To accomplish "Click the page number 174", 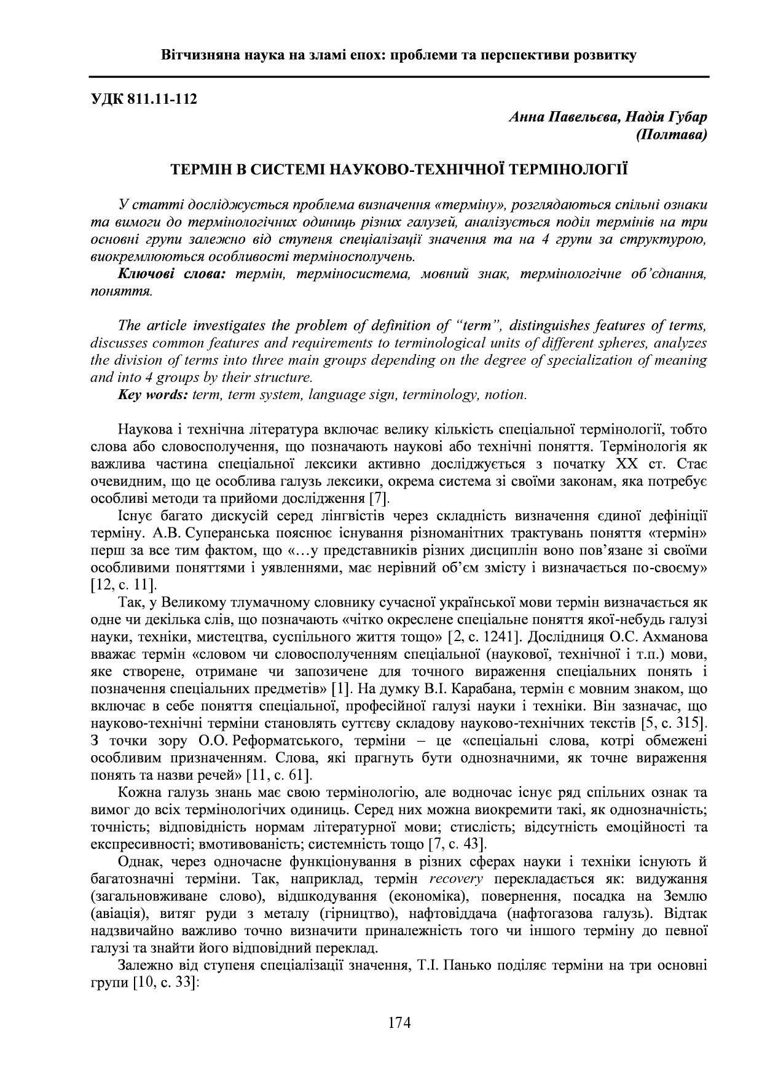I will pos(399,1023).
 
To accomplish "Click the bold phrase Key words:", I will pos(152,395).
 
